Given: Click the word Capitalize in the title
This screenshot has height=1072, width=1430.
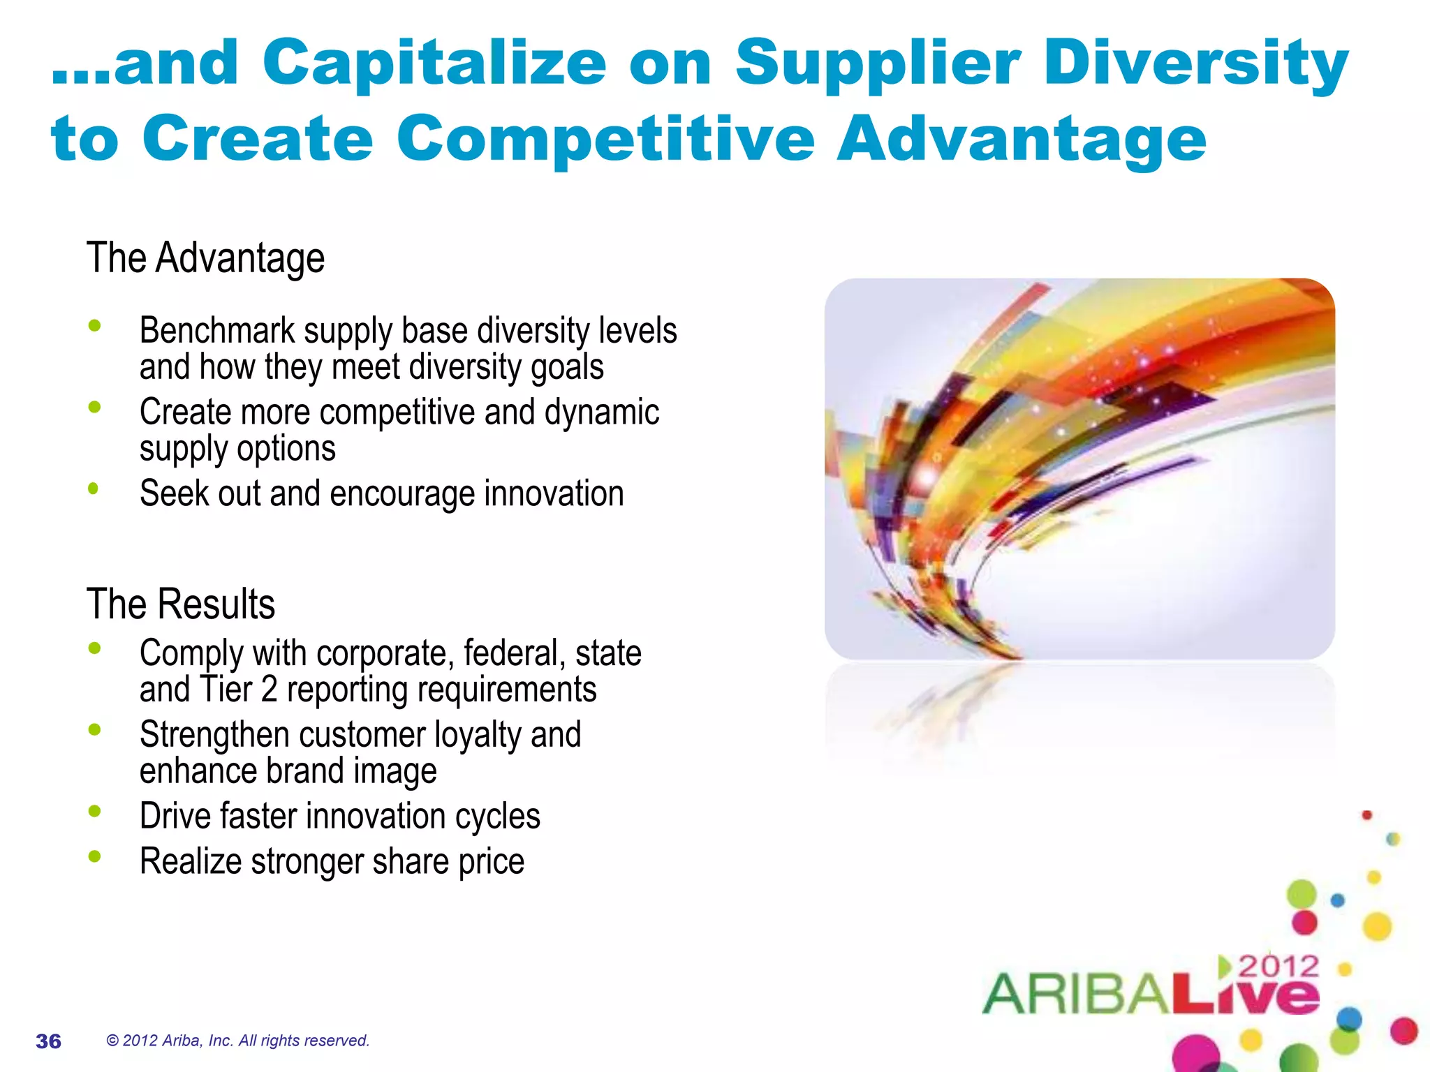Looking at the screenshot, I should click(x=434, y=64).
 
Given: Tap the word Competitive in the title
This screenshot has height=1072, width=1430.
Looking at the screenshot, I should click(x=605, y=140).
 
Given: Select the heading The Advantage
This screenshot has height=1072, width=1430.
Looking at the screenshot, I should click(x=205, y=258).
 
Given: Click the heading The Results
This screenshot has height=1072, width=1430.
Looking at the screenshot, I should click(x=181, y=604).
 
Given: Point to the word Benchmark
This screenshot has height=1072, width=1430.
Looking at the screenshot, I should click(x=216, y=330).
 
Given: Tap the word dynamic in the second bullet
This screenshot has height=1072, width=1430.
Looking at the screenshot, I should click(x=602, y=412).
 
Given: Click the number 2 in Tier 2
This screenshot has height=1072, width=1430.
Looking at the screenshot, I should click(x=270, y=690).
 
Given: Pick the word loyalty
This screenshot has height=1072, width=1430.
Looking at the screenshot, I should click(x=478, y=735).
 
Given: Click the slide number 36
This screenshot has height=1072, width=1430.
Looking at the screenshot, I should click(x=48, y=1041).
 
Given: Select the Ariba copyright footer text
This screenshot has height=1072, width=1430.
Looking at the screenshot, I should click(x=237, y=1041).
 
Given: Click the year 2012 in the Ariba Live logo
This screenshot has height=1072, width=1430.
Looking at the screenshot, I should click(x=1278, y=967).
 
